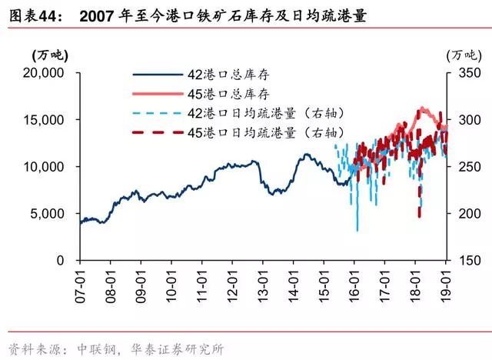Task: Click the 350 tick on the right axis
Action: click(x=464, y=73)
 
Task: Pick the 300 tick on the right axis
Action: click(x=464, y=120)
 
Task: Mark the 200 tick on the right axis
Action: click(x=464, y=214)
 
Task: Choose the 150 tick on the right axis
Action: click(x=464, y=260)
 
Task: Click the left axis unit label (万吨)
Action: click(x=49, y=55)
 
